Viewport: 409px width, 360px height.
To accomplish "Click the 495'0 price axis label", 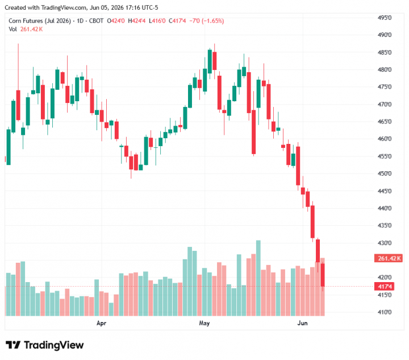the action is (x=385, y=18).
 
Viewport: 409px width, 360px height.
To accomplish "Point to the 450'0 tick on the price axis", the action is (x=385, y=173).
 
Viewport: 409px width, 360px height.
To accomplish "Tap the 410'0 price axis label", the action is (x=385, y=312).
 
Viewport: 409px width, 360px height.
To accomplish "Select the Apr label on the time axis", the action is (x=101, y=323).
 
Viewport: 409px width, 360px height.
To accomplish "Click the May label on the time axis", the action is (x=204, y=323).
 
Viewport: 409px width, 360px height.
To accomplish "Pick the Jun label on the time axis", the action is (x=303, y=323).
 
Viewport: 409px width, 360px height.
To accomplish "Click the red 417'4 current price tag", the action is (x=385, y=287).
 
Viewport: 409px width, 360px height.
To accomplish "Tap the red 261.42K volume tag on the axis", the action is (x=389, y=258).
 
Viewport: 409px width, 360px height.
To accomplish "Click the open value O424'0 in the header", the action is (x=116, y=21).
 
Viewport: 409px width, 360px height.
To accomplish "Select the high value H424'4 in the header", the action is (x=137, y=21).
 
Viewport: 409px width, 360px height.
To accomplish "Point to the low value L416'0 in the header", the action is (x=157, y=21).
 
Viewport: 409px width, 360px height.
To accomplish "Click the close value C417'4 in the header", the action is (x=177, y=21).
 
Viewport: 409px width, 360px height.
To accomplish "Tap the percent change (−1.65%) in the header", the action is (x=213, y=21).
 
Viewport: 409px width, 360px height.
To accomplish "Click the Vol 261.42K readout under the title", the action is (x=26, y=29).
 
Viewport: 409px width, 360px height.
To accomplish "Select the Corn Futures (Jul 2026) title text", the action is (x=40, y=21).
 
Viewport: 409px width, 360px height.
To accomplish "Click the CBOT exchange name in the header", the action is (x=96, y=21).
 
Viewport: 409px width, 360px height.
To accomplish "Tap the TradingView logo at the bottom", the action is (x=45, y=345).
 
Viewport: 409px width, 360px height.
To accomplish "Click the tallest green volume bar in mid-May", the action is (x=258, y=278).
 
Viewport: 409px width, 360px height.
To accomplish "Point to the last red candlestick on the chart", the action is (x=323, y=275).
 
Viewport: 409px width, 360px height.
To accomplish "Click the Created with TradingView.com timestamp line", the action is (x=81, y=7).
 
